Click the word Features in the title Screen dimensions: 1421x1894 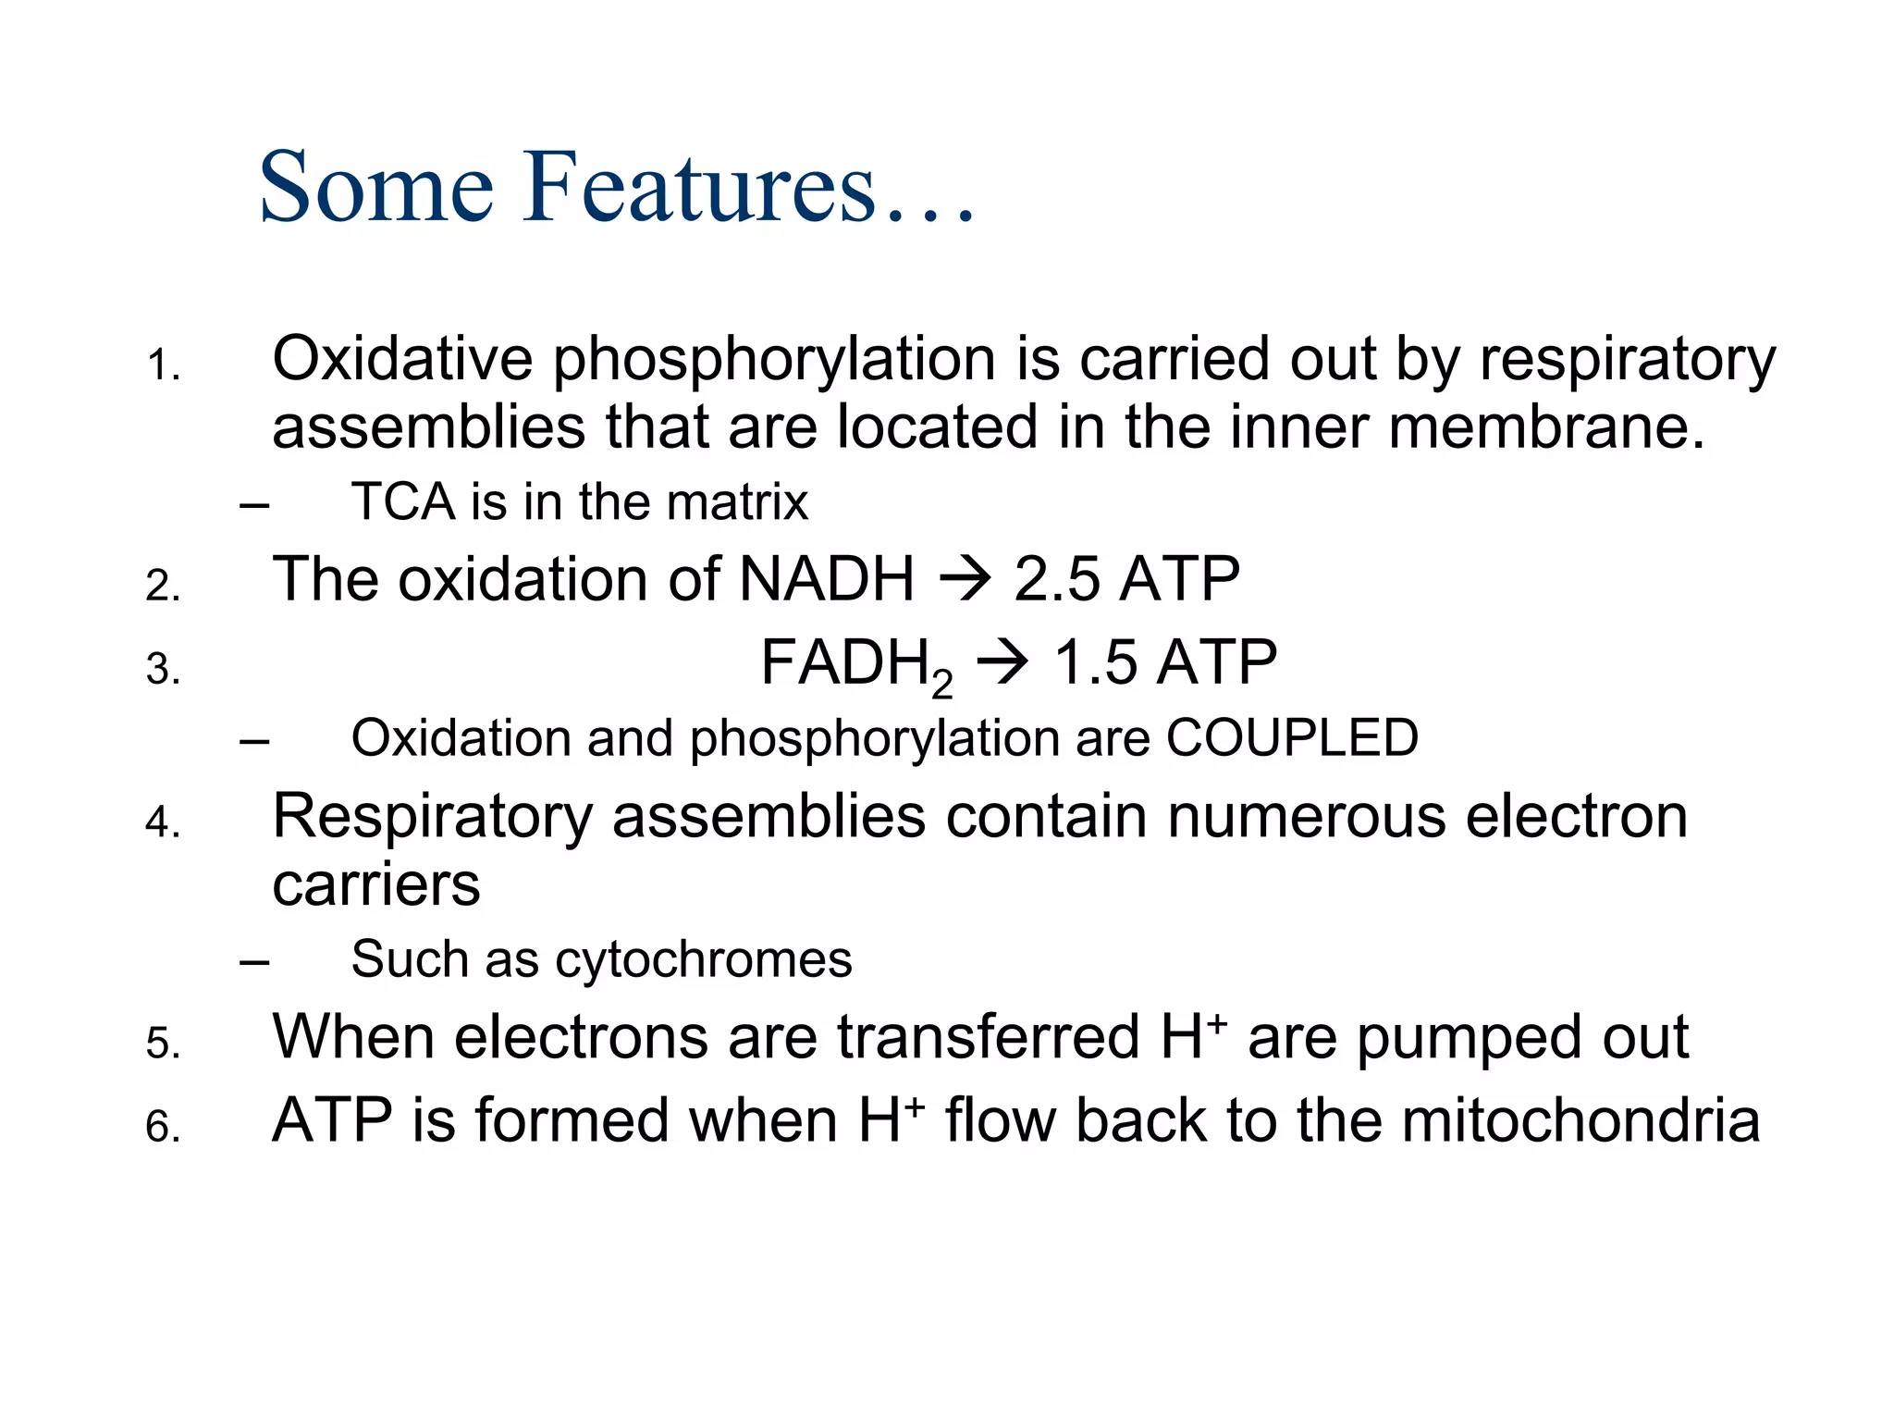click(x=698, y=188)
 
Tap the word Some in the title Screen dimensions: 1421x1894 click(x=376, y=188)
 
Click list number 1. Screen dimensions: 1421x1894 click(x=163, y=366)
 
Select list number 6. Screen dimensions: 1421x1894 click(x=163, y=1127)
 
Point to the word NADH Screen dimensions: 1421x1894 click(x=827, y=579)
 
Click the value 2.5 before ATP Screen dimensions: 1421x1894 click(x=1057, y=579)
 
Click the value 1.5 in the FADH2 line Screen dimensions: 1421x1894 click(x=1096, y=662)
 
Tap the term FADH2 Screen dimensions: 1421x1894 click(x=855, y=666)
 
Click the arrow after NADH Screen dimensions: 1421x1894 click(x=965, y=581)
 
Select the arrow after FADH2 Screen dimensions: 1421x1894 click(x=1002, y=664)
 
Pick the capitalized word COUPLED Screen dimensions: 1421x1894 click(x=1292, y=737)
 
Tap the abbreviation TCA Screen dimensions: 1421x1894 click(x=403, y=502)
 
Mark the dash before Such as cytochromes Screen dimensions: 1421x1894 click(x=253, y=962)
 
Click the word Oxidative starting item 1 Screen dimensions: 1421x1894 click(x=402, y=359)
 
